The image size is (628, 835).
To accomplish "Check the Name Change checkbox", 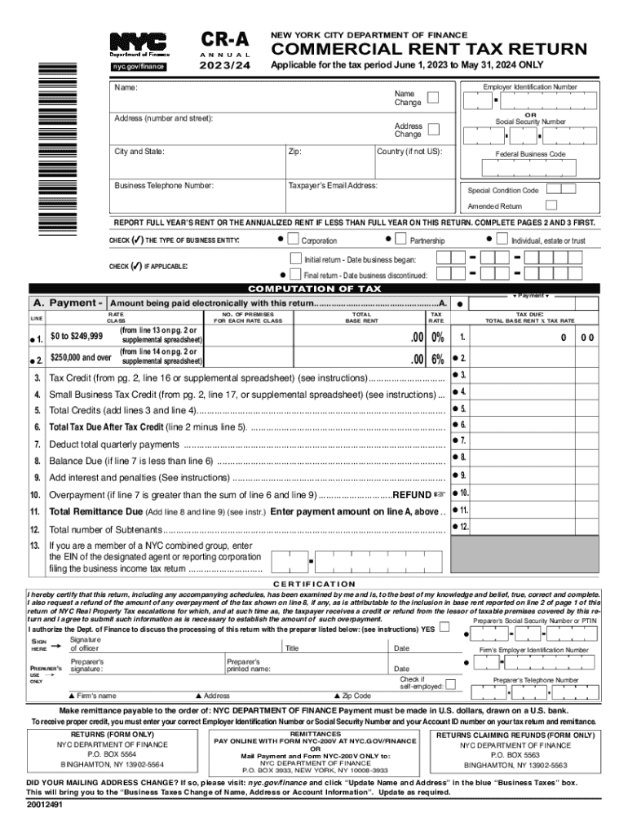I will (x=433, y=98).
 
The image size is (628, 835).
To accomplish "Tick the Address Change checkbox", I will (x=433, y=129).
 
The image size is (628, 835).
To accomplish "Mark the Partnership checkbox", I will (x=401, y=240).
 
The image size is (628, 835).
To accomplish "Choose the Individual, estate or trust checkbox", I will (x=502, y=240).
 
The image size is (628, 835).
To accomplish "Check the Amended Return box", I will (x=551, y=205).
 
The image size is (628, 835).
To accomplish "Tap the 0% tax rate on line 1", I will (x=438, y=337).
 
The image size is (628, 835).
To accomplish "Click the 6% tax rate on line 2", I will (x=438, y=359).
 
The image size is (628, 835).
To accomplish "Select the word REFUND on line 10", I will (x=411, y=495).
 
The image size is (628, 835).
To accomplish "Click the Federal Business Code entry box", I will (x=529, y=168).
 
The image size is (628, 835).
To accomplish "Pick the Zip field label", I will (x=295, y=152).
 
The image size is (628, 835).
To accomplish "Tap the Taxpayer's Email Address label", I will (x=333, y=186).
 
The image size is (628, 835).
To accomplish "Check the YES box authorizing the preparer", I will (x=444, y=627).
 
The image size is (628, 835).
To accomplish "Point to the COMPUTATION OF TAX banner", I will (x=314, y=289).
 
